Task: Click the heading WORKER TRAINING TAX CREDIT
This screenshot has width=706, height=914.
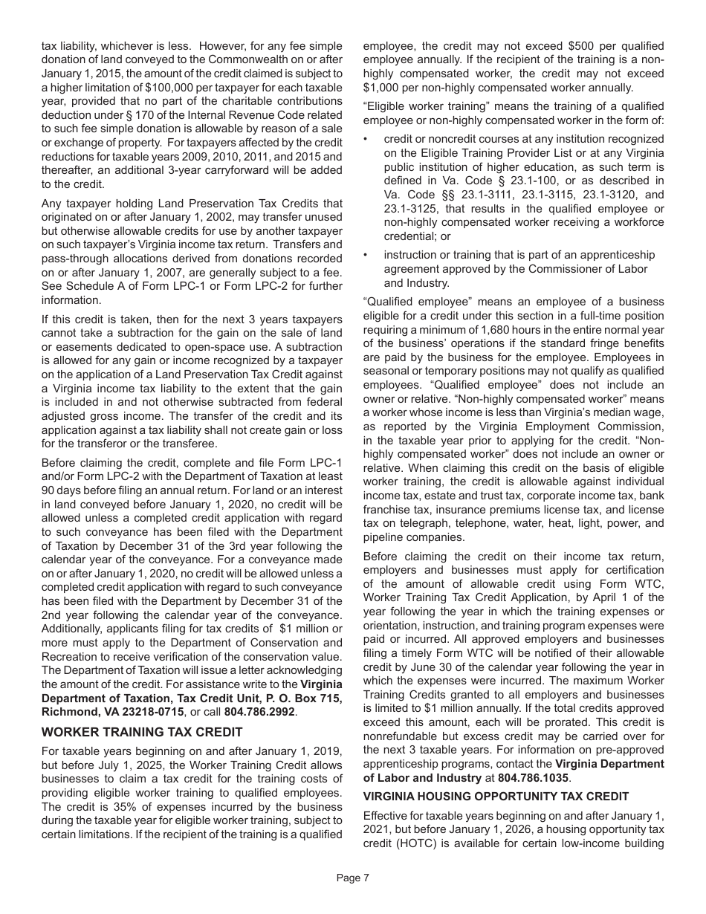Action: (x=142, y=732)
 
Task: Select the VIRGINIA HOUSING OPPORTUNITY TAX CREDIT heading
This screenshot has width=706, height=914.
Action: (x=496, y=796)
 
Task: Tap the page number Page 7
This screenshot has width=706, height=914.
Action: (x=352, y=878)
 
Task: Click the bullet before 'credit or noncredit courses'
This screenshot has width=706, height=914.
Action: (x=366, y=139)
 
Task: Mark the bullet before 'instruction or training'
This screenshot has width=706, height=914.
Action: (x=366, y=255)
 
